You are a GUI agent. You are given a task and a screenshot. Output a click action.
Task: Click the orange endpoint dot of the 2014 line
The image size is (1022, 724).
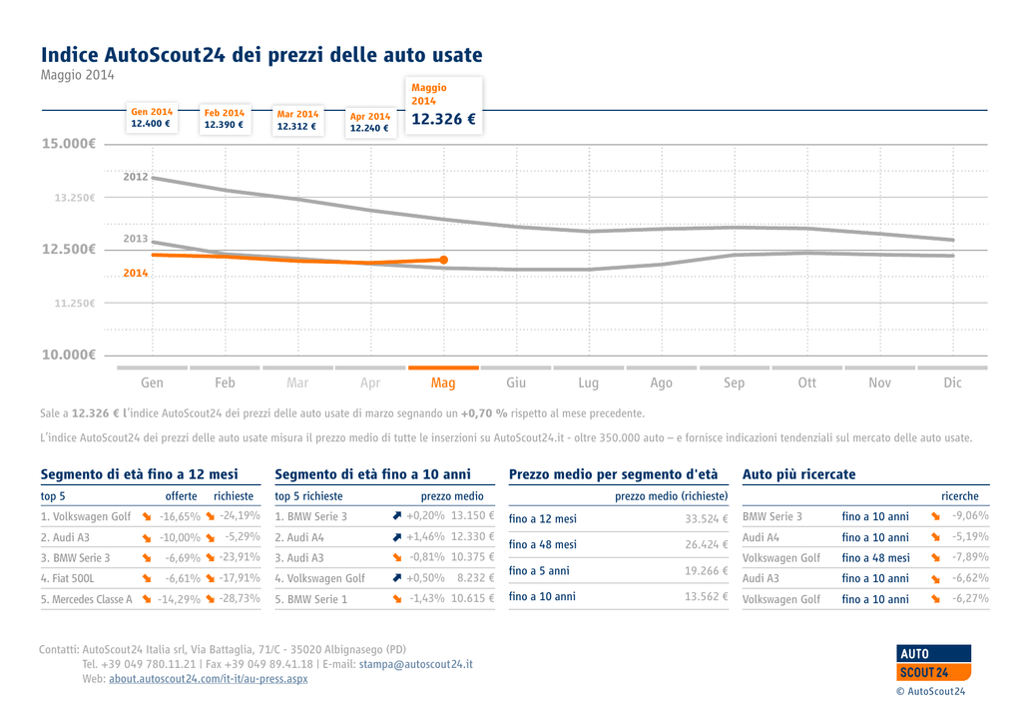tap(443, 260)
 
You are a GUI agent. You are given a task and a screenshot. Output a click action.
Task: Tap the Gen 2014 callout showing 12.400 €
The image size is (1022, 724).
tap(152, 118)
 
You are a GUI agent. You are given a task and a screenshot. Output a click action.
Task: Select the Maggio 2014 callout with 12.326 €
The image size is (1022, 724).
tap(443, 105)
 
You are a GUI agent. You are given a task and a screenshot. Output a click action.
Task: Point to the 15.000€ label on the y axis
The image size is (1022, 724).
tap(68, 144)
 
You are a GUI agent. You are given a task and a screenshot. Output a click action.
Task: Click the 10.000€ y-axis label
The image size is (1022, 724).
tap(68, 355)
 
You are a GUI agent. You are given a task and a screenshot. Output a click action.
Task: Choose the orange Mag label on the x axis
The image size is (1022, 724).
tap(443, 382)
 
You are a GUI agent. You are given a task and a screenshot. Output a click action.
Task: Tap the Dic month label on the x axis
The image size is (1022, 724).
tap(952, 382)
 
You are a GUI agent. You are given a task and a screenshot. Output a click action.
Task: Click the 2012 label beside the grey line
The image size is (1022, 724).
tap(136, 177)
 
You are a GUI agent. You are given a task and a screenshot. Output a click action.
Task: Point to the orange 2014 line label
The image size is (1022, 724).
tap(136, 273)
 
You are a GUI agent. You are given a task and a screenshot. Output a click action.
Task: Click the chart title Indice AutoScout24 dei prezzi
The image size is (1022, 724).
tap(260, 54)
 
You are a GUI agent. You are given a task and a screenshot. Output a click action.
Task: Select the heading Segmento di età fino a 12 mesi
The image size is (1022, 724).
tap(139, 474)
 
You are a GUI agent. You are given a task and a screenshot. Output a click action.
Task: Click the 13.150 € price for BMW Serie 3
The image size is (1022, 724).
tap(472, 516)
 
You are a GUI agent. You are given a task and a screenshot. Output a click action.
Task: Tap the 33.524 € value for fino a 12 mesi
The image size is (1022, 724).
tap(706, 519)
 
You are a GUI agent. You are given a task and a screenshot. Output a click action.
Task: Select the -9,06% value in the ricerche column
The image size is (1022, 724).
tap(969, 516)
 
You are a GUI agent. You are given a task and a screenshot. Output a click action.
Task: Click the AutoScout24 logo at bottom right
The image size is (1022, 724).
tap(933, 663)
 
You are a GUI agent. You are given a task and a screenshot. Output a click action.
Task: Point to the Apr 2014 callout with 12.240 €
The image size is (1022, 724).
tap(370, 122)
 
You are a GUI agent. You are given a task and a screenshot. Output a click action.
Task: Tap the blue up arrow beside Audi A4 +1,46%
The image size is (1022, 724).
tap(397, 537)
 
